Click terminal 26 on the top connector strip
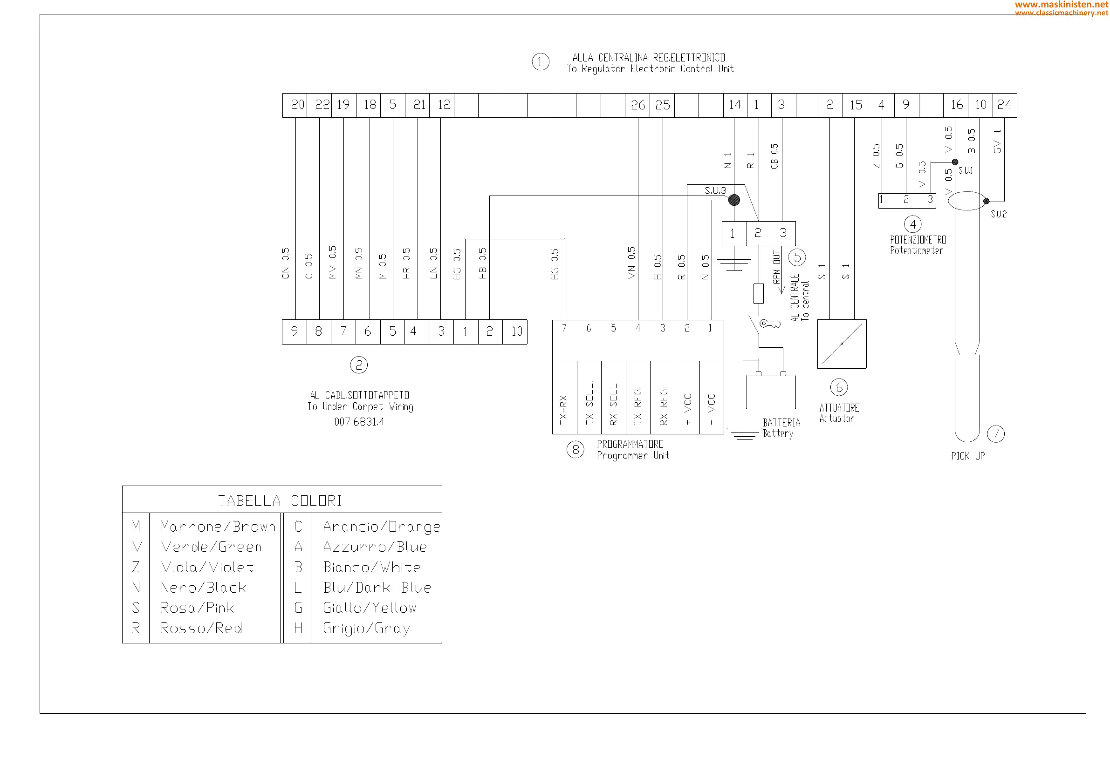tap(637, 105)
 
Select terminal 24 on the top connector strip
tap(1004, 105)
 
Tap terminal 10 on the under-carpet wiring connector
tap(516, 331)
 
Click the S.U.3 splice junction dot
tap(734, 200)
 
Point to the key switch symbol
tap(769, 324)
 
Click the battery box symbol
tap(771, 392)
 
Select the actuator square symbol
tap(842, 344)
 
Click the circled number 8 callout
tap(576, 450)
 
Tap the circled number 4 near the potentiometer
tap(913, 223)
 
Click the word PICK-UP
tap(968, 456)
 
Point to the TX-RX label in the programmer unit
tap(563, 410)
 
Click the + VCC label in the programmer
tap(687, 409)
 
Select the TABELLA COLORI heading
tap(280, 500)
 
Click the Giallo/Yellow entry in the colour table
tap(370, 608)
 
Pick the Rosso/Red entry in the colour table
tap(201, 628)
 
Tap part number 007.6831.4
tap(359, 422)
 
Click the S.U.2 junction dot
tap(986, 201)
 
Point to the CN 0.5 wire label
tap(286, 263)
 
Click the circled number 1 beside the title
tap(540, 62)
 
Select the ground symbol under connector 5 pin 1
tap(734, 265)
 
